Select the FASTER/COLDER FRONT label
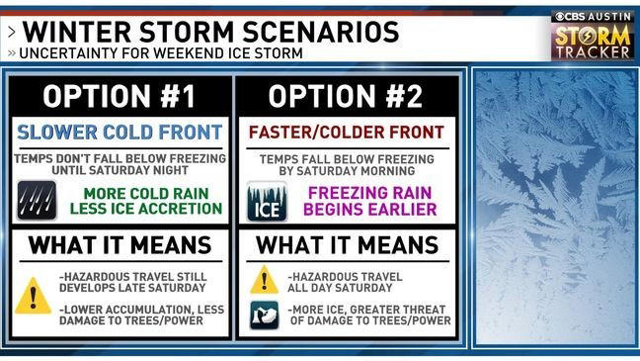pyautogui.click(x=347, y=132)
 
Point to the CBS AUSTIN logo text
pyautogui.click(x=591, y=16)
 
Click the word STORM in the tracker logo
pyautogui.click(x=592, y=35)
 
